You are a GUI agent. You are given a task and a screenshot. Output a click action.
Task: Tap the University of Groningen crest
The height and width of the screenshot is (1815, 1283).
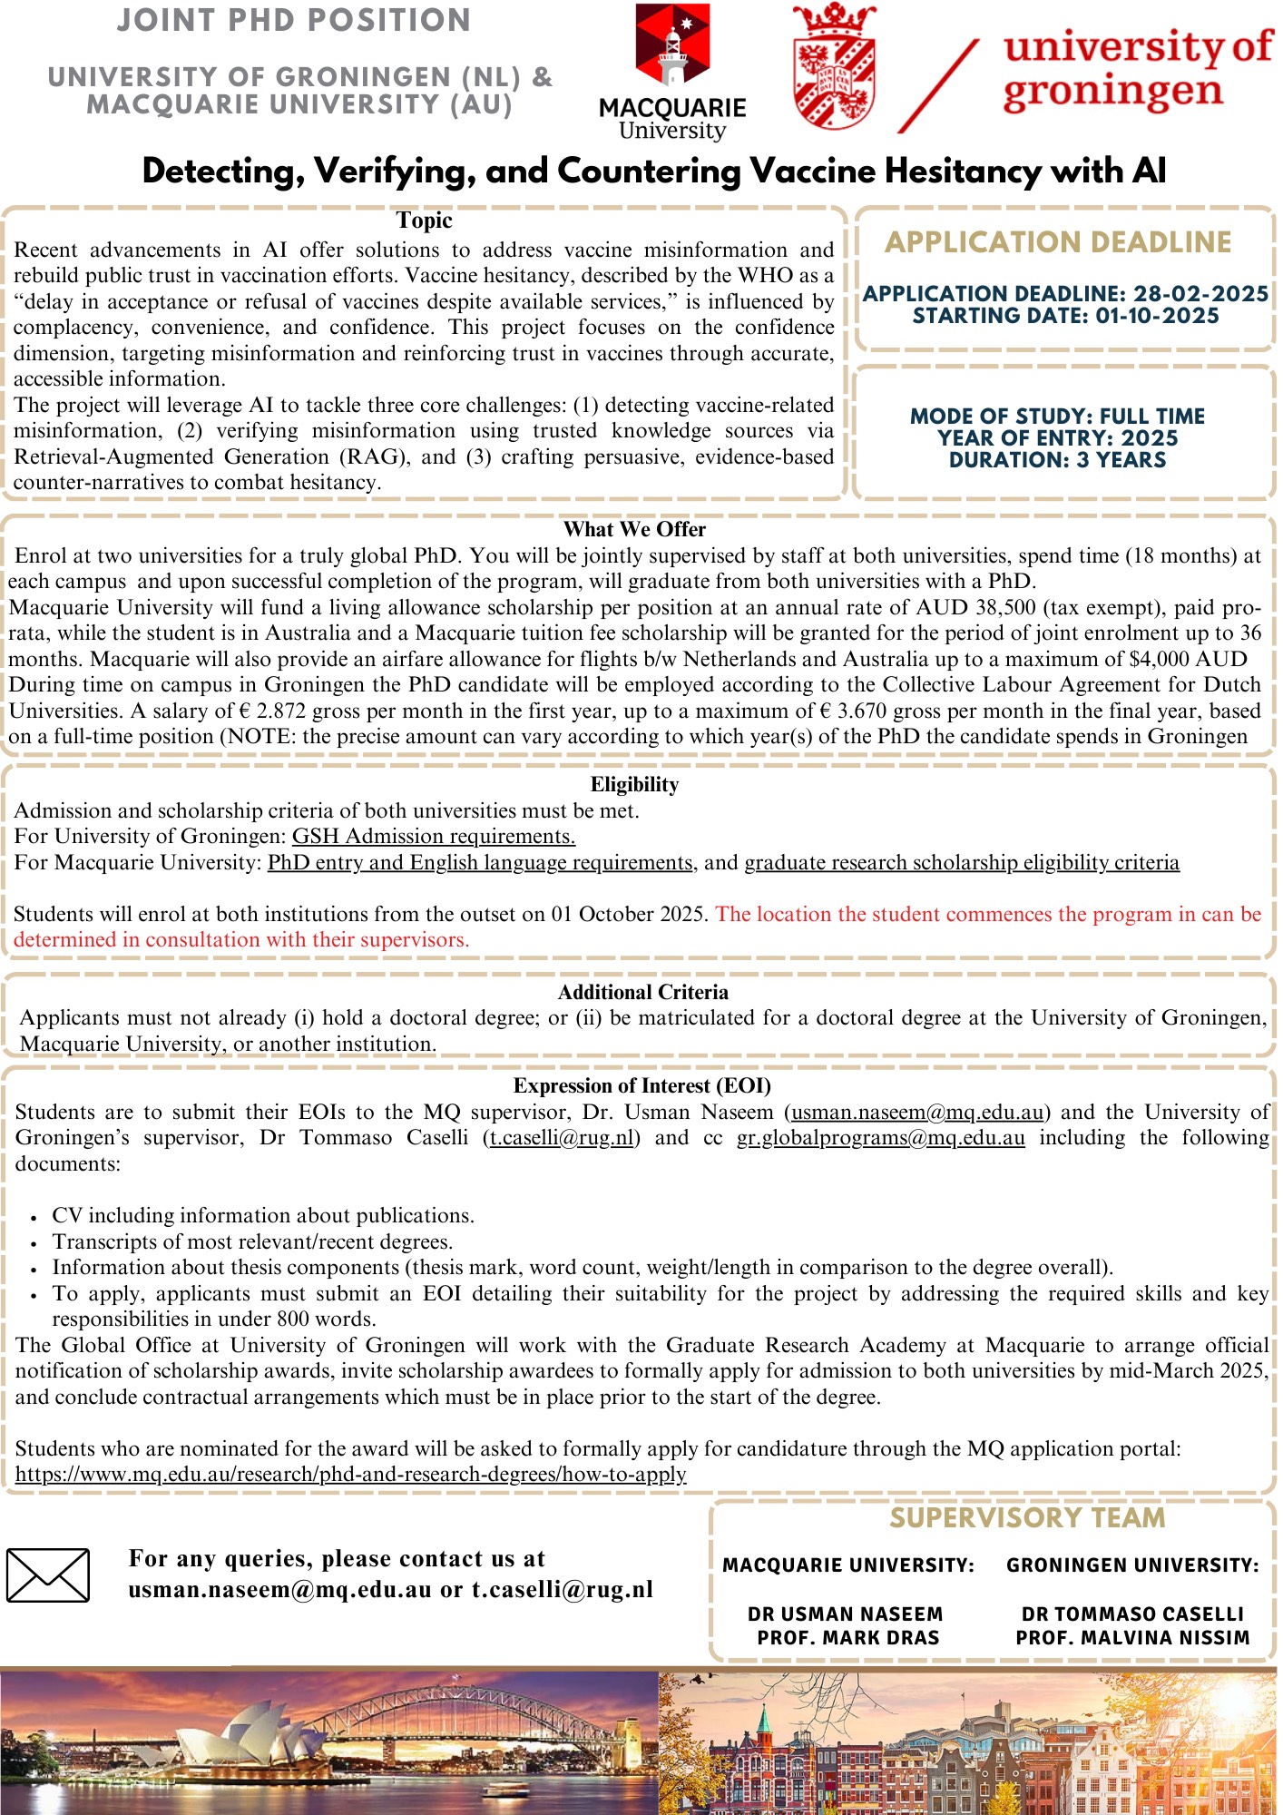(834, 67)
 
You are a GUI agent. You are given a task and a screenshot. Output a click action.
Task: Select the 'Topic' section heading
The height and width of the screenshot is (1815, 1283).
(424, 221)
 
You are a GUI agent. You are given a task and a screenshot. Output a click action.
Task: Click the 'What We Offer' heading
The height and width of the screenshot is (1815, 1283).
(634, 529)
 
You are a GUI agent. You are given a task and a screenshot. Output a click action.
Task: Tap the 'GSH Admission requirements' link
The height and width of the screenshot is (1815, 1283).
(433, 836)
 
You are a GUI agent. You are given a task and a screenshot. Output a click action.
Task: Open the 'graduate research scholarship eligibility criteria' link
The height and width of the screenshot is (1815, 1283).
(962, 862)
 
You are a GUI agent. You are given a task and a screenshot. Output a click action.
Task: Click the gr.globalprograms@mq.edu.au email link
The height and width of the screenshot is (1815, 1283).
(880, 1138)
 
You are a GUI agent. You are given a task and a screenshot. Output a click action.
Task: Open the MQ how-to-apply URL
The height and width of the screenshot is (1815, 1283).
(350, 1474)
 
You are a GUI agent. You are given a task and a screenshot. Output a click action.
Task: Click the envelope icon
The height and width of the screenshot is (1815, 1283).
(47, 1575)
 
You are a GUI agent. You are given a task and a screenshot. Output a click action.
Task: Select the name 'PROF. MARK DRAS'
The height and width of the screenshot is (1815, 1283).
(848, 1638)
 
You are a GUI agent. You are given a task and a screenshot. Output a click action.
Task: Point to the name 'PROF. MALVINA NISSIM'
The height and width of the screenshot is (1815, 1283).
(1132, 1638)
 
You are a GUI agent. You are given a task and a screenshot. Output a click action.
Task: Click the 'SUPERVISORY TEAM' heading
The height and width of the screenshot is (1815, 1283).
(1027, 1518)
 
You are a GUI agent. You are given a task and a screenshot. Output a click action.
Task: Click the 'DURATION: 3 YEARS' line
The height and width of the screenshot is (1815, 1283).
(1057, 460)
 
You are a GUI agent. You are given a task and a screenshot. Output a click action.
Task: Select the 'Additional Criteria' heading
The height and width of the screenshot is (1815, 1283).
(642, 992)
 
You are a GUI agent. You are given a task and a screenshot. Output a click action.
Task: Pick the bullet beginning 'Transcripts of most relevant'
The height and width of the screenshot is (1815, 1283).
(252, 1241)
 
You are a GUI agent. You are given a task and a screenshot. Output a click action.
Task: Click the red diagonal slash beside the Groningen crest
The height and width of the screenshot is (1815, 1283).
(939, 86)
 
